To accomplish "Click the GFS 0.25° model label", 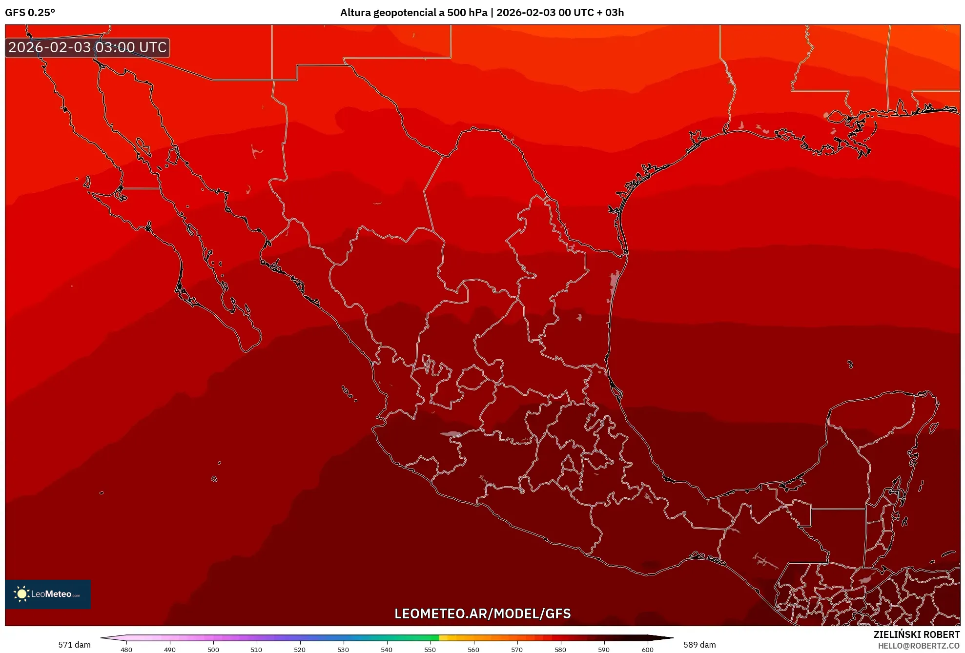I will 30,13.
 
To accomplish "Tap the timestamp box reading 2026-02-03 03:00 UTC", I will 87,47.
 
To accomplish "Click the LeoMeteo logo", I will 48,594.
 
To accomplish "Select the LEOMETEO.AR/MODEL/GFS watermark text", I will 482,613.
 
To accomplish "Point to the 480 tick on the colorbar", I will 126,649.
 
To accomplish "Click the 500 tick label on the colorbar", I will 213,649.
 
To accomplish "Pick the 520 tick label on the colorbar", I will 300,649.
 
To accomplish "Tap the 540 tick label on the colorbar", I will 387,649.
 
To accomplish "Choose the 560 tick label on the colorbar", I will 473,649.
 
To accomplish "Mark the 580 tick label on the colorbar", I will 560,649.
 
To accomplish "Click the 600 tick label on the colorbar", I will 647,649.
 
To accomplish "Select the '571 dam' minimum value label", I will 74,645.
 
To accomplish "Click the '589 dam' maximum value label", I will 699,645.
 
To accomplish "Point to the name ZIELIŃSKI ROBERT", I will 916,634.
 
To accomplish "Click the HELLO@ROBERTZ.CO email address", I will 919,646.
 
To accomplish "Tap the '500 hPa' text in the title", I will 467,13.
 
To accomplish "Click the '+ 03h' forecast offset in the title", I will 610,13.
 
